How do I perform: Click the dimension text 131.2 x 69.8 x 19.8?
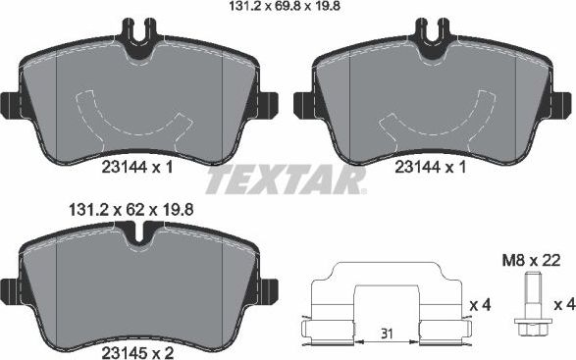tap(289, 9)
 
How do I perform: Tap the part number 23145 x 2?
tap(137, 345)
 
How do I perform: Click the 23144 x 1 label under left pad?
tap(137, 168)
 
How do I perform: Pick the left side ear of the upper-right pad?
tap(302, 103)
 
